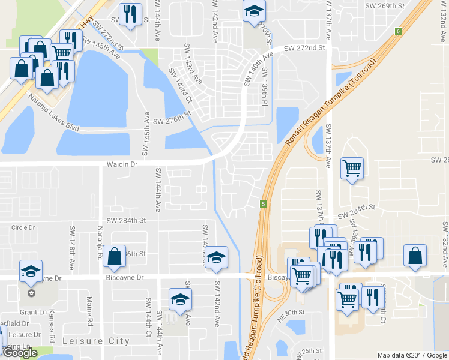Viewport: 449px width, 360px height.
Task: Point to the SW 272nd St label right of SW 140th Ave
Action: click(304, 47)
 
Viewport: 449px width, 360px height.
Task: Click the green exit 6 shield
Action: click(398, 31)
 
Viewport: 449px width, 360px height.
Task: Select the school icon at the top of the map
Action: click(254, 10)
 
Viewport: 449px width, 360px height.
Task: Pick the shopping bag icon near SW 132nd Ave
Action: click(415, 256)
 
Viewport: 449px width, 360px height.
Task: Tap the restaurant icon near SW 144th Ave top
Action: click(130, 13)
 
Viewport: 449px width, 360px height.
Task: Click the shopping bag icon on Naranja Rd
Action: click(114, 257)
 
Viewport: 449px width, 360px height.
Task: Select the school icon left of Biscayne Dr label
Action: click(31, 271)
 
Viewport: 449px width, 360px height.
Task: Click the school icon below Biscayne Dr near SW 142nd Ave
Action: click(180, 300)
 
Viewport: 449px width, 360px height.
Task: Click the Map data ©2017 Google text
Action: click(412, 355)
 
